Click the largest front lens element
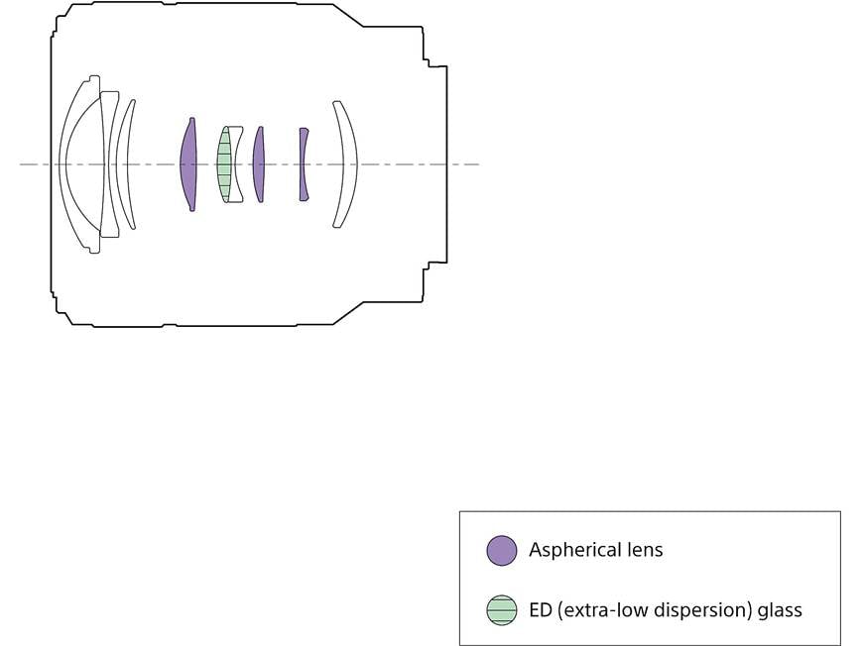pos(62,164)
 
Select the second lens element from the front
pos(108,164)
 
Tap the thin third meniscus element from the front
pos(121,164)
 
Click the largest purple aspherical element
pos(188,164)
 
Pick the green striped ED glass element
pos(223,164)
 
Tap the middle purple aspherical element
pos(258,164)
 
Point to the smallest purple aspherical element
pos(303,164)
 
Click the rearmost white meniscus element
pos(350,164)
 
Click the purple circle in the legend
pos(502,551)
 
